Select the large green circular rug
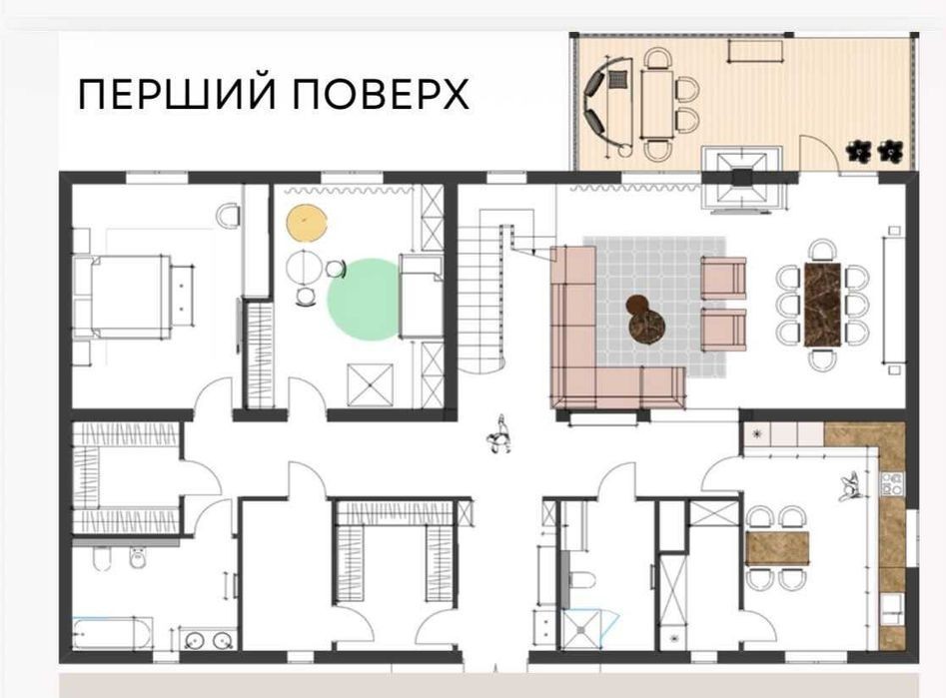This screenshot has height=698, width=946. click(364, 300)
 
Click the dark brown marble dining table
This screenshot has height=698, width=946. click(822, 306)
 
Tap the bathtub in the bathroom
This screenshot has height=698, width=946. click(113, 633)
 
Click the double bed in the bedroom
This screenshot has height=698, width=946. click(124, 297)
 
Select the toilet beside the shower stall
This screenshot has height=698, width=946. click(580, 580)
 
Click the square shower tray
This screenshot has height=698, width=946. click(581, 630)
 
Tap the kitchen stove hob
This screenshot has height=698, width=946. click(893, 484)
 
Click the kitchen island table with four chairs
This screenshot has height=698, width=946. click(777, 548)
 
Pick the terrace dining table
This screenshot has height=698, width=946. click(657, 105)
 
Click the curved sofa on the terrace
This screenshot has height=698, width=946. click(597, 106)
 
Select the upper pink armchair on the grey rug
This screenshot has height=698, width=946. click(723, 278)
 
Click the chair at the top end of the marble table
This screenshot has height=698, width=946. click(822, 250)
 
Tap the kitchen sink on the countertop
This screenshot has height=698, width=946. click(892, 609)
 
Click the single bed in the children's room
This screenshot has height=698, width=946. click(421, 297)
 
